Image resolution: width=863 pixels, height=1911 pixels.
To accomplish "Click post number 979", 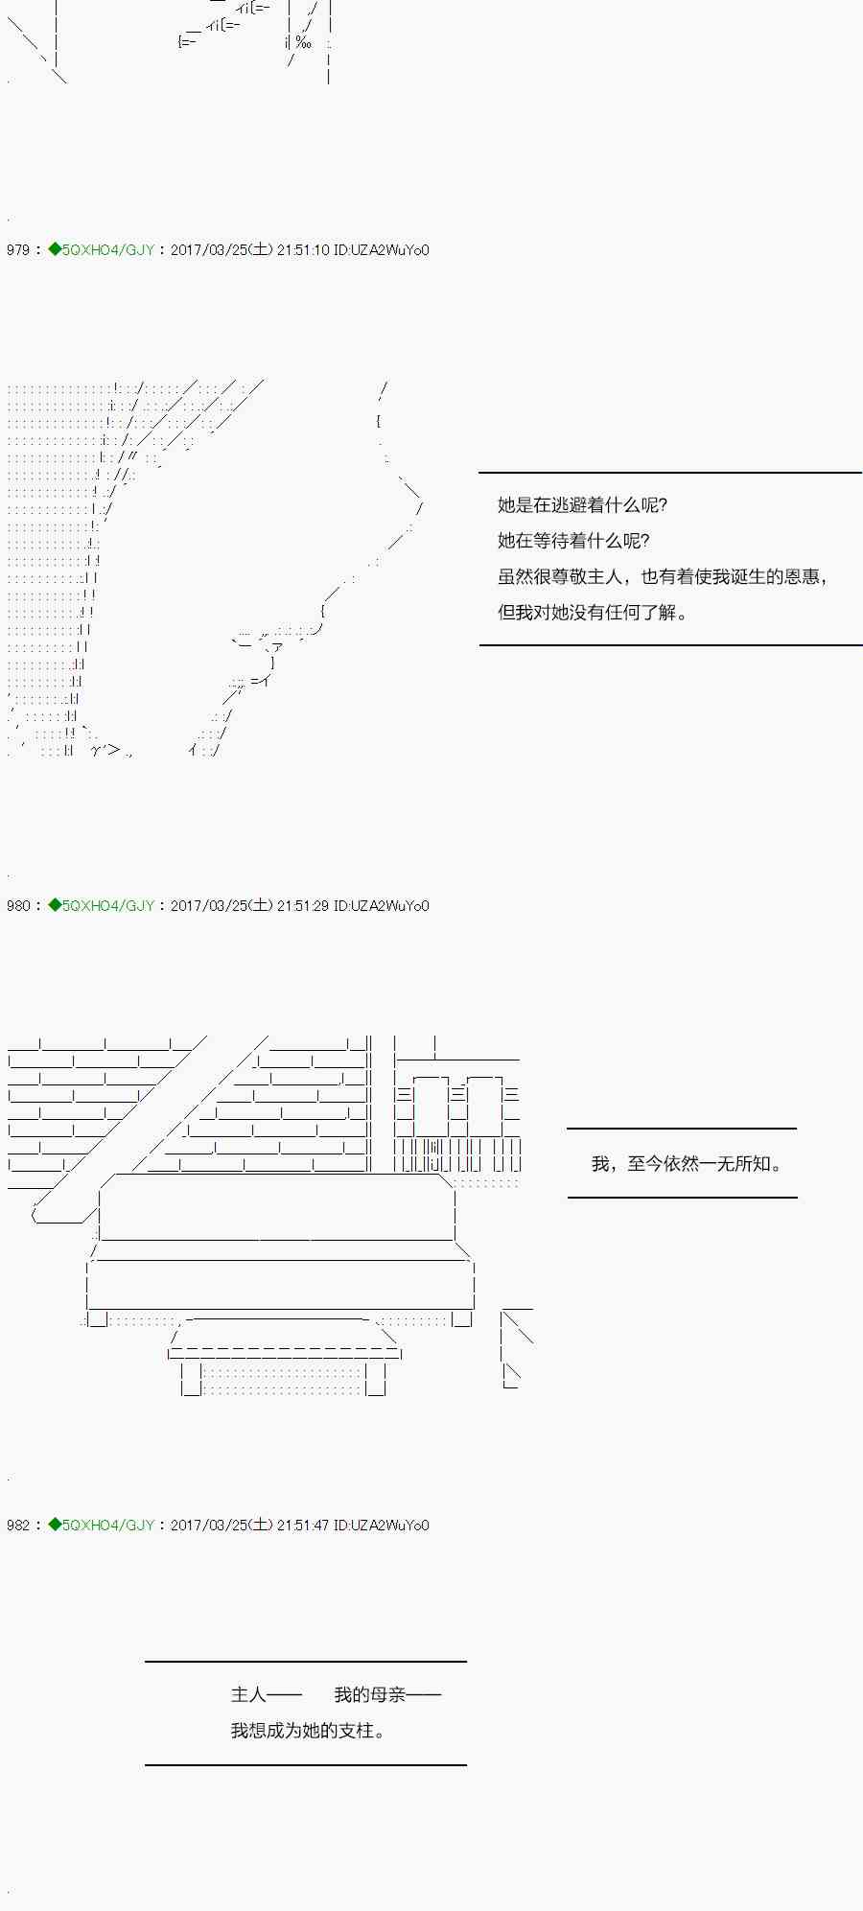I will [x=17, y=250].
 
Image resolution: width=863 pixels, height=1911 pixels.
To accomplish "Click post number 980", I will [x=17, y=906].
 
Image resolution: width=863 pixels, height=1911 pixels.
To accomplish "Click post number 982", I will [x=17, y=1526].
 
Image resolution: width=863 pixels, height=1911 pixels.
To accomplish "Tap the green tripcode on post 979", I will [x=102, y=250].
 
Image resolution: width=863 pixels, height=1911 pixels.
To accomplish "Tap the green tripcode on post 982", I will [x=102, y=1526].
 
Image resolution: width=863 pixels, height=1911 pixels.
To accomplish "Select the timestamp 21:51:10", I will [x=303, y=250].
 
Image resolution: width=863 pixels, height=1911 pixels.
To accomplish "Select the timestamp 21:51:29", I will [x=303, y=906].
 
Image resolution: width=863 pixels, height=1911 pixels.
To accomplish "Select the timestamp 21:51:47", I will [x=303, y=1526].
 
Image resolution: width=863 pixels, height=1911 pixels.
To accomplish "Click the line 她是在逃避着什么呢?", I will [x=582, y=505].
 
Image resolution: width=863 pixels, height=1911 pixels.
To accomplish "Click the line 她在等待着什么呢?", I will [x=573, y=541].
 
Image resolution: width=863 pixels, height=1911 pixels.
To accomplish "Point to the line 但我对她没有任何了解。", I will [x=593, y=613].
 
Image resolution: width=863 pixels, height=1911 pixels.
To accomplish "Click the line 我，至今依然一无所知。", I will [x=688, y=1164].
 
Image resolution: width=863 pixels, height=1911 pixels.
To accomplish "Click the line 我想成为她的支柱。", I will [x=309, y=1731].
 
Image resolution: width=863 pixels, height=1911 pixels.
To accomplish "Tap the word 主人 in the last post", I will [x=248, y=1695].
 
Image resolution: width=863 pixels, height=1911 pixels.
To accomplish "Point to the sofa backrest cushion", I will [x=276, y=1208].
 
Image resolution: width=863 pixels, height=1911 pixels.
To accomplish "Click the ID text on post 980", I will [x=381, y=906].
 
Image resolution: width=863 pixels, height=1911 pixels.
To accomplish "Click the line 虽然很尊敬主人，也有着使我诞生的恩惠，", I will [x=664, y=576].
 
